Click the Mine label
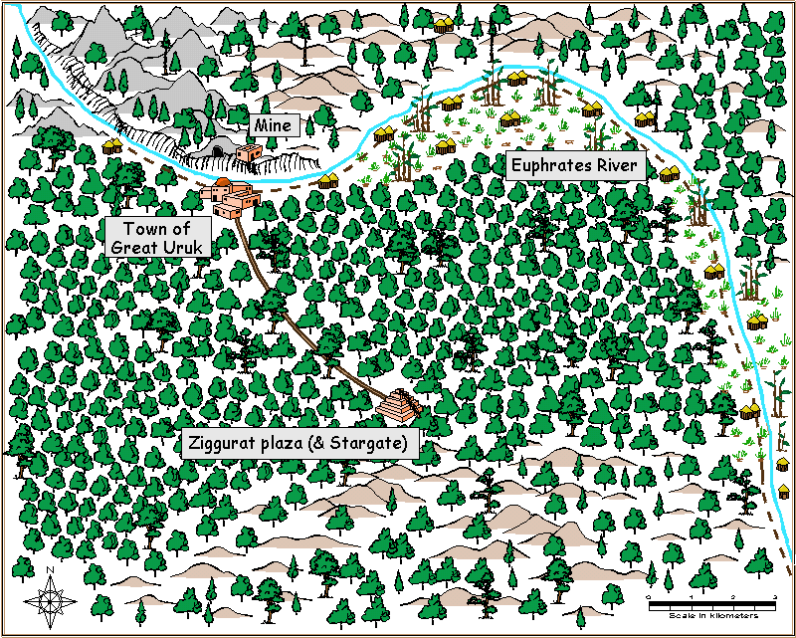pyautogui.click(x=273, y=125)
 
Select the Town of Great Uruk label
pyautogui.click(x=157, y=238)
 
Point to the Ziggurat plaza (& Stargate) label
pyautogui.click(x=298, y=443)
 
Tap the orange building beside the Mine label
pyautogui.click(x=248, y=152)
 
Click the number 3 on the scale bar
pyautogui.click(x=775, y=596)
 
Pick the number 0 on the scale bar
pyautogui.click(x=649, y=596)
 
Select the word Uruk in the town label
pyautogui.click(x=182, y=247)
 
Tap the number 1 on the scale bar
pyautogui.click(x=691, y=596)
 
